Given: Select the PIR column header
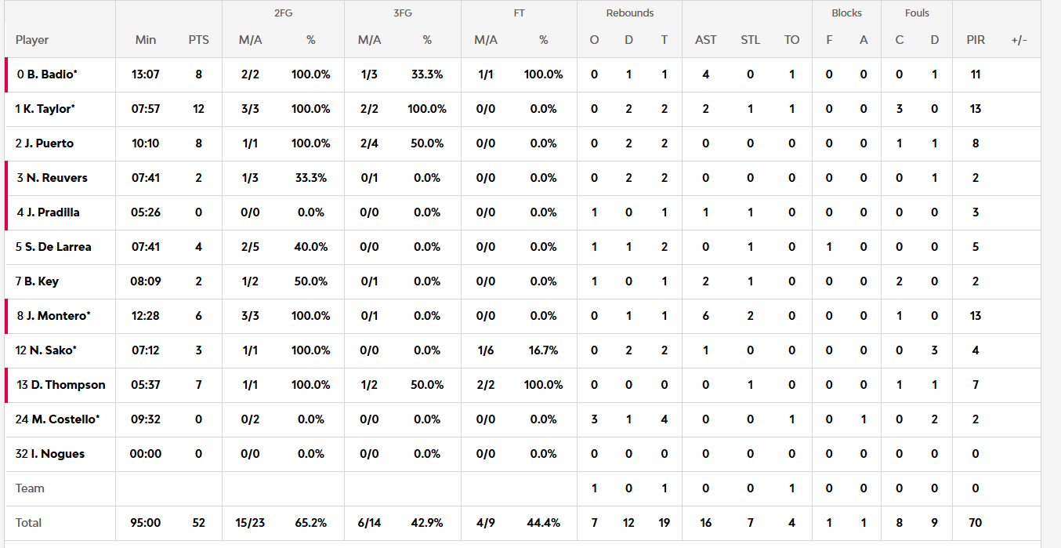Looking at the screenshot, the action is click(976, 40).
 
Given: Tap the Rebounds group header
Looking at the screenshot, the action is click(629, 13).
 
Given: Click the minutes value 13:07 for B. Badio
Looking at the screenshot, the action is click(146, 74).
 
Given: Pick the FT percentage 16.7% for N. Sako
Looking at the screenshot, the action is click(543, 350).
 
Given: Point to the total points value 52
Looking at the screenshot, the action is click(198, 523).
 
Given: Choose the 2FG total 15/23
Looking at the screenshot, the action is click(250, 523).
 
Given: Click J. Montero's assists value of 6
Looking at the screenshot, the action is click(705, 316).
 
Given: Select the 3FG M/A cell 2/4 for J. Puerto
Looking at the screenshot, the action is click(369, 143).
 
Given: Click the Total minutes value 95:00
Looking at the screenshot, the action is click(146, 523).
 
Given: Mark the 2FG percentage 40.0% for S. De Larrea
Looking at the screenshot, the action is click(311, 247).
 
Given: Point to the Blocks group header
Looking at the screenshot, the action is click(846, 13).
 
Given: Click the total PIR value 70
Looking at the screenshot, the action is click(976, 523).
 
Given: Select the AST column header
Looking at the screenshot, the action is click(705, 40).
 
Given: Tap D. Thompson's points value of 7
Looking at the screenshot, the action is click(198, 385).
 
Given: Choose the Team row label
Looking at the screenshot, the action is click(30, 488).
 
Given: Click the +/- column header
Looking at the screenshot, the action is click(1019, 40).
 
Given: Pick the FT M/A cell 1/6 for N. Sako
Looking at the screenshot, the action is click(486, 350).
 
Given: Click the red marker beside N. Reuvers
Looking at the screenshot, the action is click(6, 178).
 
